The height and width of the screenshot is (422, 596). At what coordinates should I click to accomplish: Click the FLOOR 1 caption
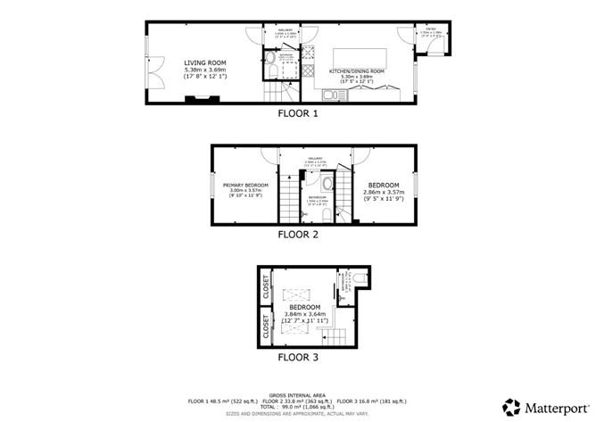(297, 113)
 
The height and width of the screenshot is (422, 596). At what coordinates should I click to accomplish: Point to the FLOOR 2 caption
(297, 236)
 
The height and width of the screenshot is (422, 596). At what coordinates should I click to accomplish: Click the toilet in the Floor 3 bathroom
(358, 280)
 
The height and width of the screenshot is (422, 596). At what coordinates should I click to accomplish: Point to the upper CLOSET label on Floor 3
(266, 286)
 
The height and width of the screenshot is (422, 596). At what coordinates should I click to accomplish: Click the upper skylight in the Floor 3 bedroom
(294, 294)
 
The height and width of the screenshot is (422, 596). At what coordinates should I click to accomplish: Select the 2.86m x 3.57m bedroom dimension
(384, 192)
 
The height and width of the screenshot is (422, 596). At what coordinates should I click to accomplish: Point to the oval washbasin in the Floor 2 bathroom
(327, 184)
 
